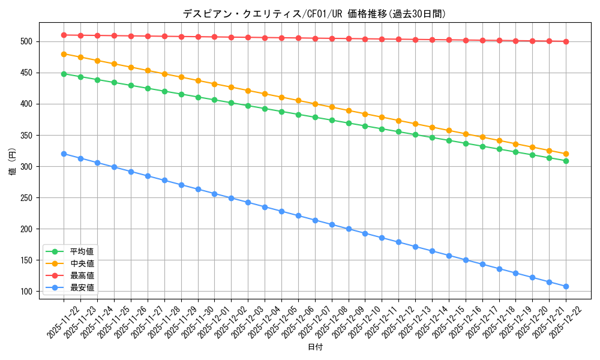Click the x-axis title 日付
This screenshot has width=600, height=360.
point(315,347)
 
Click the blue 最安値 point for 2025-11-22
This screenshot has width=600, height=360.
point(64,154)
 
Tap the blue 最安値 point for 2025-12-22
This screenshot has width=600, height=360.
point(566,286)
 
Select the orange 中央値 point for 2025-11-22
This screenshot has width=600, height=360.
point(64,54)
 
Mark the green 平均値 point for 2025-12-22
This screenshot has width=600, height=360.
point(566,161)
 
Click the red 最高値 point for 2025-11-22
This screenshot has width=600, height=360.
point(64,35)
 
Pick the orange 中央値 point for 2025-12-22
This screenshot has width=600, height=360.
point(566,154)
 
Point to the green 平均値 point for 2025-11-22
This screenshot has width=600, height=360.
point(64,74)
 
